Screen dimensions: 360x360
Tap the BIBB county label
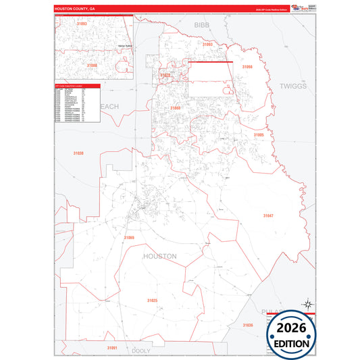(203, 24)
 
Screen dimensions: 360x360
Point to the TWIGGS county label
(292, 86)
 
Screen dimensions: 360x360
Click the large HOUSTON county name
(160, 256)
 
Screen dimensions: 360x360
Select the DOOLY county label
(141, 351)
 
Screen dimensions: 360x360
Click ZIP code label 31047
(268, 215)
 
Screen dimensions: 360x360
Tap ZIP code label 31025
(152, 300)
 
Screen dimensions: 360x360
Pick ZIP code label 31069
(129, 238)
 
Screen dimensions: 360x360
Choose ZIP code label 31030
(80, 153)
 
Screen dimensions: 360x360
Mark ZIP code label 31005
(258, 135)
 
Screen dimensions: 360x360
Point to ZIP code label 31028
(165, 75)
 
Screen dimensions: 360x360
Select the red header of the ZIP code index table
(78, 86)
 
